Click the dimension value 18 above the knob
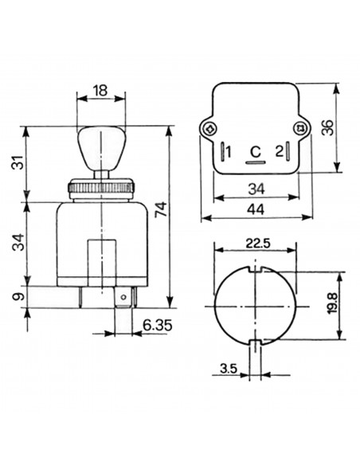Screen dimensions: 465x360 (100, 92)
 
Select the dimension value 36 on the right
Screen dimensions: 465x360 (328, 127)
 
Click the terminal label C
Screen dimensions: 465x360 (255, 151)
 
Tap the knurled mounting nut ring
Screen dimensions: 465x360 (100, 189)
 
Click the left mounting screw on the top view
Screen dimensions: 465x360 (209, 129)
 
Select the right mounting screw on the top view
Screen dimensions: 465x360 (299, 129)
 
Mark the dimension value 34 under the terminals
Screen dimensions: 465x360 (255, 190)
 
